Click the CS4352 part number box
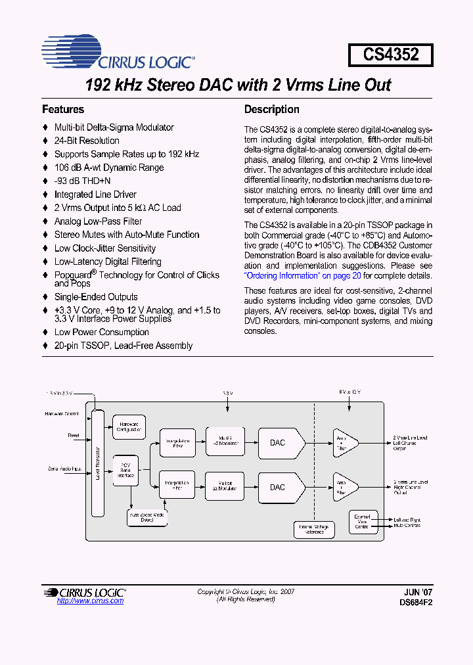click(x=391, y=54)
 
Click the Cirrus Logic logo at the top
click(x=118, y=53)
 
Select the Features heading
click(x=63, y=110)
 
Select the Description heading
click(x=271, y=110)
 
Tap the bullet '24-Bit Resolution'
click(x=87, y=141)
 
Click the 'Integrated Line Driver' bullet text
click(x=95, y=195)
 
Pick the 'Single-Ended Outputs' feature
click(x=96, y=297)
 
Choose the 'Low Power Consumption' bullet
click(x=101, y=332)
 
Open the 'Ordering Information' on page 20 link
click(x=302, y=276)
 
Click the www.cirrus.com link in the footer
click(x=90, y=601)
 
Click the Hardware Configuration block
click(x=129, y=427)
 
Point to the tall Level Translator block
click(x=98, y=463)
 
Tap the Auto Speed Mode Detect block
click(x=147, y=517)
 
